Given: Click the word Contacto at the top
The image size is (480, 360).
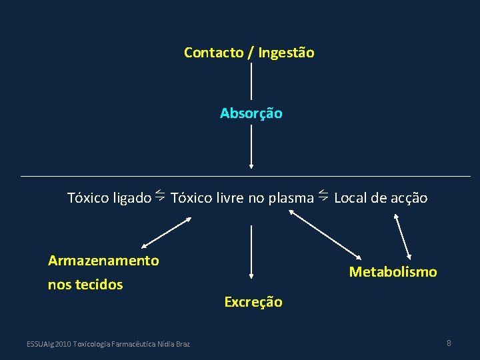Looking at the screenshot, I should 213,52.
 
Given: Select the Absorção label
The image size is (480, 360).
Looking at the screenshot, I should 251,113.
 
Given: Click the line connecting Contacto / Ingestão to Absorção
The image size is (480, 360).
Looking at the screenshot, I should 251,81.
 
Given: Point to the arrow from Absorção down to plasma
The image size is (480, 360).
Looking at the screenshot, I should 251,147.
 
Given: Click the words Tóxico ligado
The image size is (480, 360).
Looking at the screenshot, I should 109,198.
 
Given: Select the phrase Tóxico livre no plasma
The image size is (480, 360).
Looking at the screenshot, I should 242,198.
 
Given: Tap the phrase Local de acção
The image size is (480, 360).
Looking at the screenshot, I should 381,198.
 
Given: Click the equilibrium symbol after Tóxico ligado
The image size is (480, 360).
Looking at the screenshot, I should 161,195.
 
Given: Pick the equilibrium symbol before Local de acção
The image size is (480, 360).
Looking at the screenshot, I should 323,195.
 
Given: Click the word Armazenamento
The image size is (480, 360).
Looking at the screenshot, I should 103,261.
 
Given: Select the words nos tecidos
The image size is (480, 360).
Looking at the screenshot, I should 85,285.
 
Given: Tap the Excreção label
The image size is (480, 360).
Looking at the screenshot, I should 253,302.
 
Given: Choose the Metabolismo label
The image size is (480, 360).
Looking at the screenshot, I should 393,272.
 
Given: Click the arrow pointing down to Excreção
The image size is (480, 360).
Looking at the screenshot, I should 251,251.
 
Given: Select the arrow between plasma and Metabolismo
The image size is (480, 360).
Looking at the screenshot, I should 325,235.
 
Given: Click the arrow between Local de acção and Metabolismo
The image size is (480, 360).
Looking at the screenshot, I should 404,234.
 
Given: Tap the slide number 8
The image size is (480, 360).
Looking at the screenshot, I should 449,343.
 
